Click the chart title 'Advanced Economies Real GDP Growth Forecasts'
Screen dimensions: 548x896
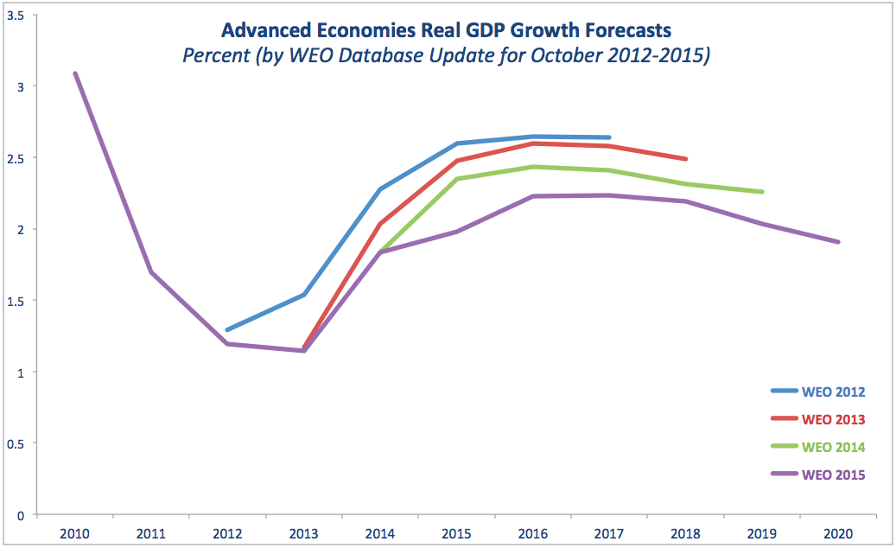coord(446,30)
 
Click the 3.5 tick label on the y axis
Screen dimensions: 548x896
coord(15,15)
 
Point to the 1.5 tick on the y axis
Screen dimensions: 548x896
coord(15,301)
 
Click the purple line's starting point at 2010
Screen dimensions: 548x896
coord(75,73)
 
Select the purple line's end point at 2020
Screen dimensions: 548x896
coord(838,242)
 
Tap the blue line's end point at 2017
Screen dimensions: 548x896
coord(609,137)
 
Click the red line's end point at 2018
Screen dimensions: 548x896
coord(686,159)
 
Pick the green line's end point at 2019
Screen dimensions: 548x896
coord(762,192)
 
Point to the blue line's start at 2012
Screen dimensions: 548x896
coord(227,330)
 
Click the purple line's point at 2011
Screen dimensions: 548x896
coord(151,272)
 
